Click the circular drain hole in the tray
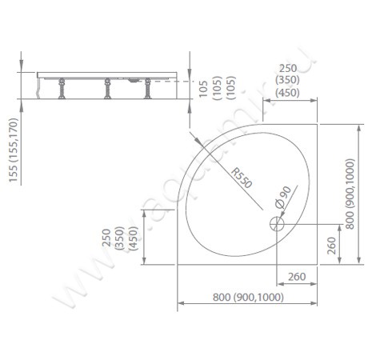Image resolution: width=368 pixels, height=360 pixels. [x=277, y=225]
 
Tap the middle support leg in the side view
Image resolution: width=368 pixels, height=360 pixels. [x=104, y=90]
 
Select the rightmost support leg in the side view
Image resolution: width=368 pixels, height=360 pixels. [x=148, y=90]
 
